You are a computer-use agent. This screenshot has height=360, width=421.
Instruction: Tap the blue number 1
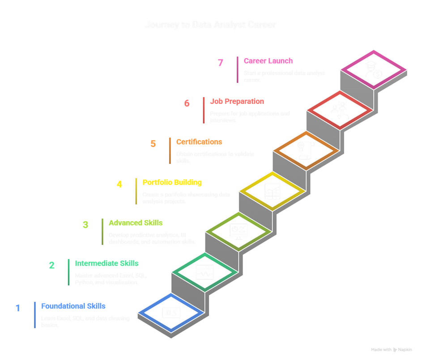[18, 308]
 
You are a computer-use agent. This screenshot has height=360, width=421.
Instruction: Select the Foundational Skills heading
[73, 306]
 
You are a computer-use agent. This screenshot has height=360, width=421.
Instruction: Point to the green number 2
[51, 265]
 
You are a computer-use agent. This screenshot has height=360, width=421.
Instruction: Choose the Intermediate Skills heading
[106, 263]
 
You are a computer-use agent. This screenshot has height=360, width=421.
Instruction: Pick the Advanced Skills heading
[136, 223]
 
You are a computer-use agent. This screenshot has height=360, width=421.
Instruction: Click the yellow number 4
[119, 184]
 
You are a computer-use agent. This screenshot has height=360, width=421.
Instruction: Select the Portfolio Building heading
[172, 182]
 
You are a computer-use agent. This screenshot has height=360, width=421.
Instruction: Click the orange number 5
[153, 144]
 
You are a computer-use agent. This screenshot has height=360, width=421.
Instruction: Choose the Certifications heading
[199, 142]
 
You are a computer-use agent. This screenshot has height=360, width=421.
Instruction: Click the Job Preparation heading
[237, 101]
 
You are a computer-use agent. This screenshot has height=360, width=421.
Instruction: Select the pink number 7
[220, 63]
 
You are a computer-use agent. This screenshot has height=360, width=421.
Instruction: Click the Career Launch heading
[268, 61]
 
